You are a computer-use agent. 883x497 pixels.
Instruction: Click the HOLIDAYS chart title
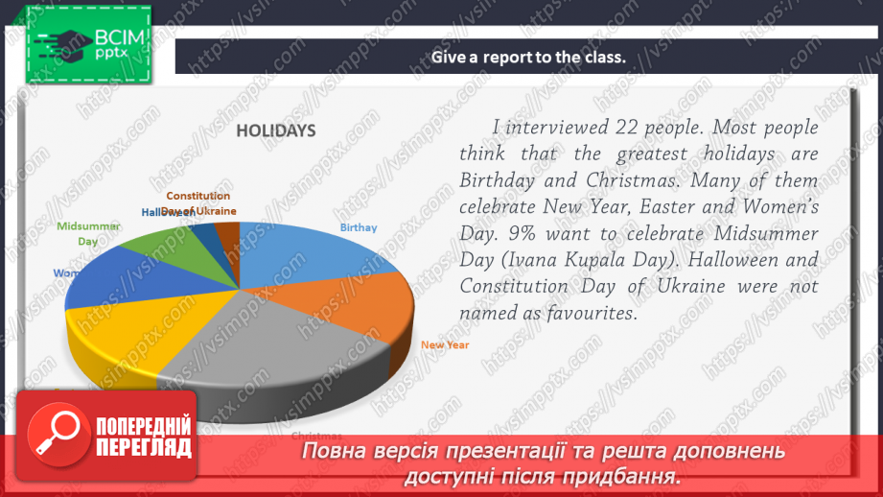pyautogui.click(x=276, y=131)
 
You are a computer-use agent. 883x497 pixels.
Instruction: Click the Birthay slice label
pyautogui.click(x=359, y=227)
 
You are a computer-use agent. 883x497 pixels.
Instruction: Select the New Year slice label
pyautogui.click(x=445, y=344)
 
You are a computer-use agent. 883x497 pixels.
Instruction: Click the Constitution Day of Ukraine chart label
pyautogui.click(x=198, y=202)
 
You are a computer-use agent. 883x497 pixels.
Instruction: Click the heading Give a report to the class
pyautogui.click(x=528, y=56)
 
